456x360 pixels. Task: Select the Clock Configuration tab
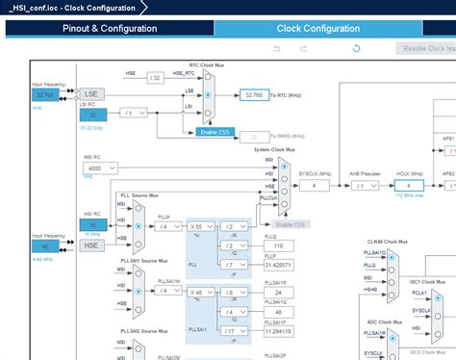pos(320,28)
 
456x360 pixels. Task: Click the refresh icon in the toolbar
pos(357,47)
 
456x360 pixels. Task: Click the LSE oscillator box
pos(91,94)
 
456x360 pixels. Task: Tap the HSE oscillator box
pos(91,245)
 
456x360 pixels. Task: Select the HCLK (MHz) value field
pos(408,185)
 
